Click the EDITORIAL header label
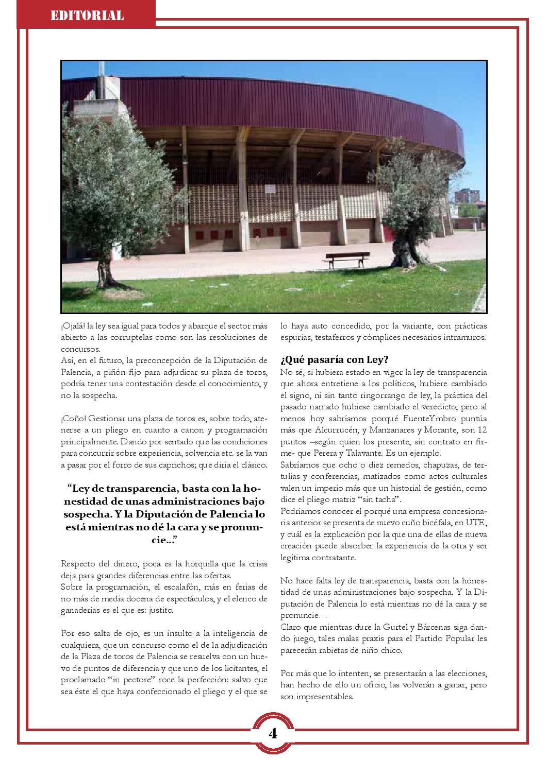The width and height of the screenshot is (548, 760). [x=87, y=15]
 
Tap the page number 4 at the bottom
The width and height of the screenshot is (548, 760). [x=273, y=733]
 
